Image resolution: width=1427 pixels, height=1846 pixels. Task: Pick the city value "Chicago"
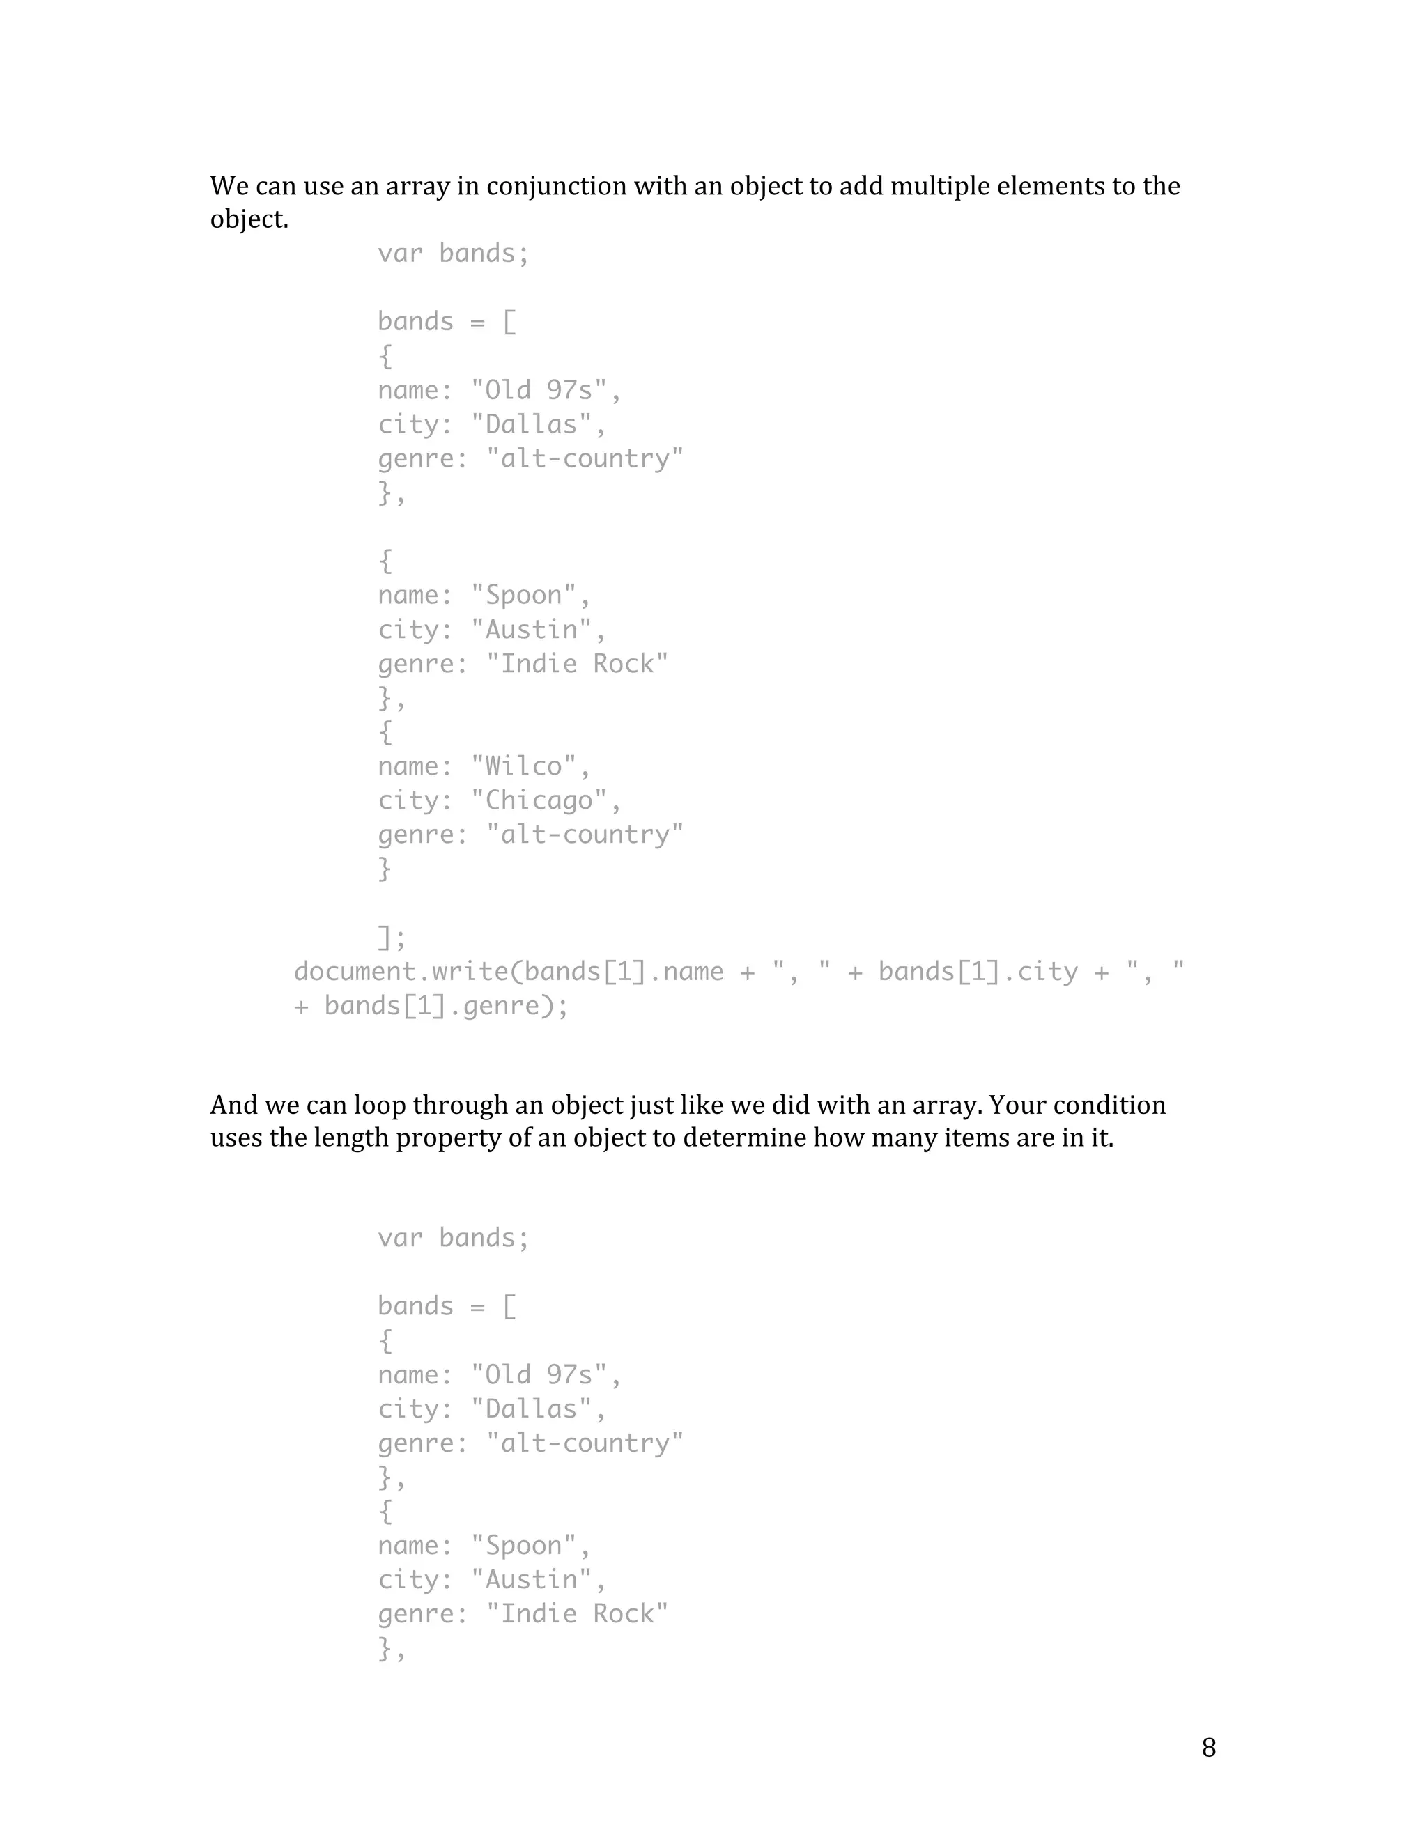click(x=539, y=800)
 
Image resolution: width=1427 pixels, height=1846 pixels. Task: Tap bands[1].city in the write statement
click(x=978, y=971)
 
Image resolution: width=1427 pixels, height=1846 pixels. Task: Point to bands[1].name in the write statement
click(x=623, y=971)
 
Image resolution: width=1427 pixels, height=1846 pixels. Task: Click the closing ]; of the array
click(x=392, y=938)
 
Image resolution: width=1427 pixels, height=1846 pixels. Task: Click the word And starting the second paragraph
click(x=233, y=1106)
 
